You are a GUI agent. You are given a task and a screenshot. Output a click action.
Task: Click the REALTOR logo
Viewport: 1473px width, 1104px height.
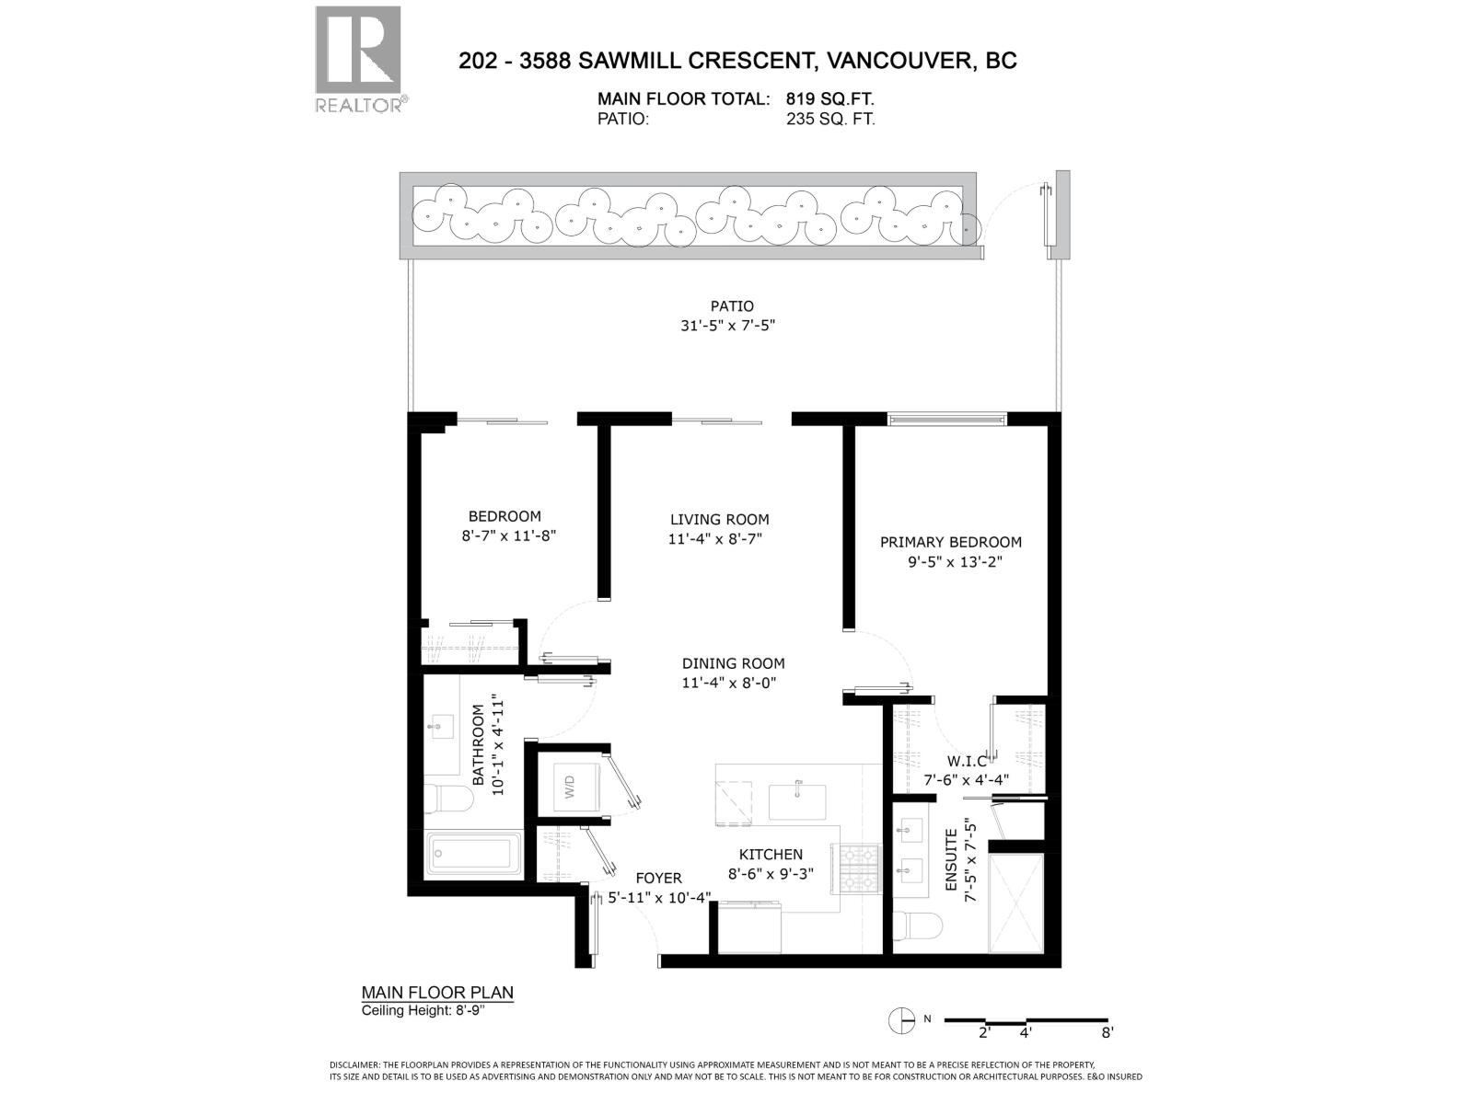(358, 60)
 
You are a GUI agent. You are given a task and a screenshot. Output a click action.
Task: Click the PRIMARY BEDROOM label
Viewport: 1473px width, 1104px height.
(950, 542)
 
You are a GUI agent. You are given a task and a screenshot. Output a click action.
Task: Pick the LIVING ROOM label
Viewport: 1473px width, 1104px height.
(719, 519)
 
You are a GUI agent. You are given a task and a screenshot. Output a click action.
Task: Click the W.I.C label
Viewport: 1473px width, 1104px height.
(967, 761)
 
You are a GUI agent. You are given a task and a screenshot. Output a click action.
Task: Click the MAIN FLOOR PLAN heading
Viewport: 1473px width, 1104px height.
(436, 993)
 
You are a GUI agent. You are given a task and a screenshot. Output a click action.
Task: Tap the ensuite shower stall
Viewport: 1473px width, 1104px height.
(1015, 903)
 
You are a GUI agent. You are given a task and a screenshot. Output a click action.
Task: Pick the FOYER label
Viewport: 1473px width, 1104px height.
(658, 878)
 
